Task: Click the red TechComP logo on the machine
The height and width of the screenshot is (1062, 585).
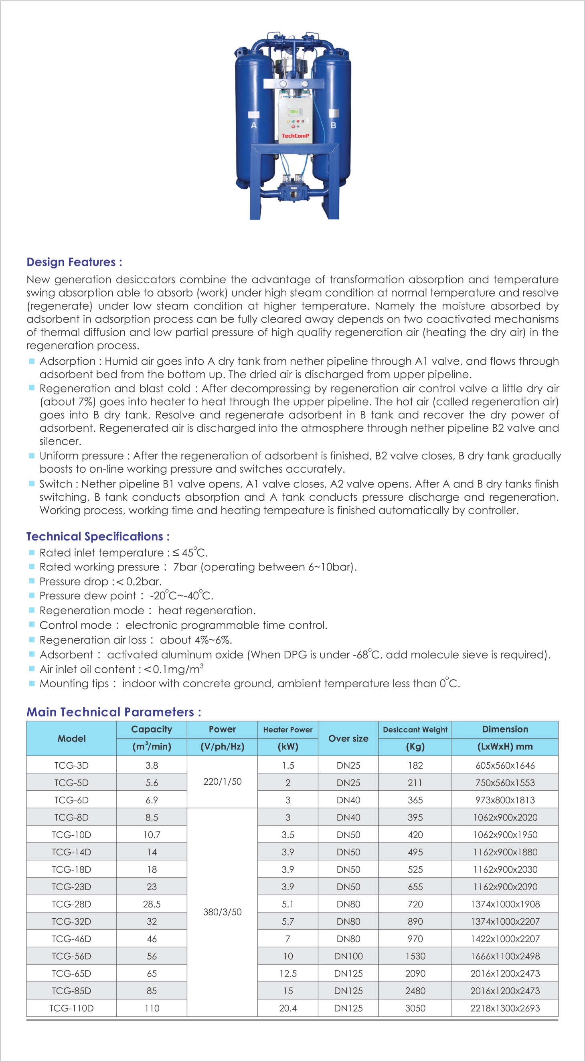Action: [295, 136]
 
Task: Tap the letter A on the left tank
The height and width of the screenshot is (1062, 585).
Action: [254, 125]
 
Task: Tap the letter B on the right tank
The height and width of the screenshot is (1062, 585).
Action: [333, 125]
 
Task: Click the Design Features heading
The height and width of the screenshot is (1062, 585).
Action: [74, 262]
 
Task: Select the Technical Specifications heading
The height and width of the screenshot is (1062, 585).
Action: [98, 536]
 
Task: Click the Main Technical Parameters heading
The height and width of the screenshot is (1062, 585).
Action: [114, 712]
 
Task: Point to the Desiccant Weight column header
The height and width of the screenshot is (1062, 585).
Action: [415, 730]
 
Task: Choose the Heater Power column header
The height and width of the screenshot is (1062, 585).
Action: [287, 730]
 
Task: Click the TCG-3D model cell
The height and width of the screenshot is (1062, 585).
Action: [71, 765]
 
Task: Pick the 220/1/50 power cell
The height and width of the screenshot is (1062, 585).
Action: [222, 782]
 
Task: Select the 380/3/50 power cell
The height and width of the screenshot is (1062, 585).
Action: [222, 912]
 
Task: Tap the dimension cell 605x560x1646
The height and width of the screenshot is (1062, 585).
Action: [505, 765]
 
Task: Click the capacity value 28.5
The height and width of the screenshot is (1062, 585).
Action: [152, 904]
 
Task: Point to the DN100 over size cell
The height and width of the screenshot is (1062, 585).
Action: [348, 956]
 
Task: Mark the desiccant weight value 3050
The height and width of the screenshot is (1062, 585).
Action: [415, 1008]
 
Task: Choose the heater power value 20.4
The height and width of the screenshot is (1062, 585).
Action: [287, 1008]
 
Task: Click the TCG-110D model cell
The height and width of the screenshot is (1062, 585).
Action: [71, 1008]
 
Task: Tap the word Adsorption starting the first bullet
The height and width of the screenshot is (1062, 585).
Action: [67, 361]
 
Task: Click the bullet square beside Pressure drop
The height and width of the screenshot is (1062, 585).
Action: [32, 581]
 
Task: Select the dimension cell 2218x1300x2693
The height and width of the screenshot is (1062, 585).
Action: [505, 1008]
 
